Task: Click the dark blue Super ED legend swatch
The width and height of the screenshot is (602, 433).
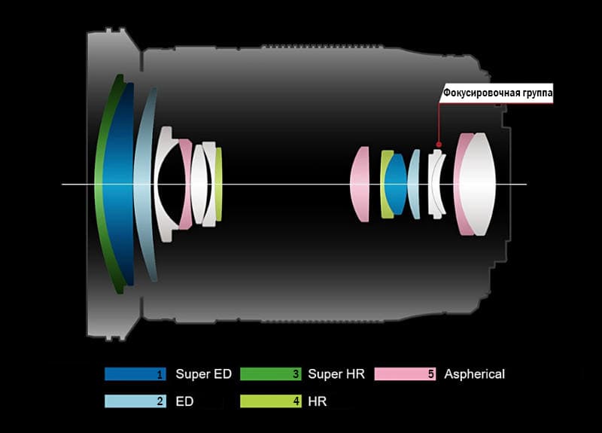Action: click(135, 374)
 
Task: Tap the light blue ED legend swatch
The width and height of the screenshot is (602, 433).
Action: click(135, 401)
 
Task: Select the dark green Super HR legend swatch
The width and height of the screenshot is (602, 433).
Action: click(271, 374)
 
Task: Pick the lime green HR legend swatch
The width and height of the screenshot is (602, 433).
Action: click(271, 401)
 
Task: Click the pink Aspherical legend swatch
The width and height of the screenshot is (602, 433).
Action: click(406, 374)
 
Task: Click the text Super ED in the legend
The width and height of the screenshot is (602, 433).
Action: click(203, 374)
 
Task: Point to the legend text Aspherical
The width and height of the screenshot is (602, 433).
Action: click(475, 374)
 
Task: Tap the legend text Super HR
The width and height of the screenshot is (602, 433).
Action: click(336, 374)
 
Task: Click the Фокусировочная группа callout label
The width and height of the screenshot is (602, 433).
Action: click(498, 93)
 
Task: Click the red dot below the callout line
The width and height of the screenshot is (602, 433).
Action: click(439, 145)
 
